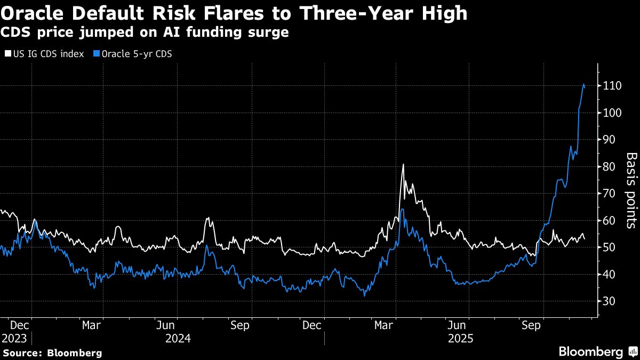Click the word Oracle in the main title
pos(41,13)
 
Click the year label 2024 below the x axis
pos(177,338)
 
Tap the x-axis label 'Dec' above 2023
pos(19,325)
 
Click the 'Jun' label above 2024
pos(166,325)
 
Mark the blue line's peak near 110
pos(583,84)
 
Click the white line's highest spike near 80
pos(403,164)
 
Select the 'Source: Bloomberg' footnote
pos(52,353)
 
